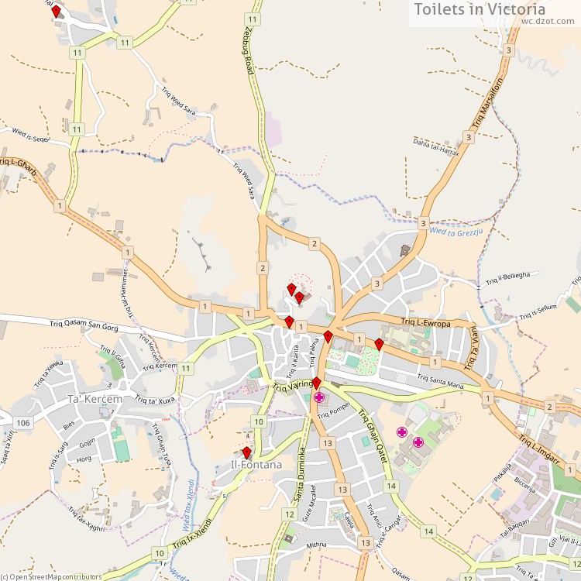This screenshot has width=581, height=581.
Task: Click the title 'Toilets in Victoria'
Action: click(480, 9)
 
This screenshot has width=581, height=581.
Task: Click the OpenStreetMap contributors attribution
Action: click(52, 576)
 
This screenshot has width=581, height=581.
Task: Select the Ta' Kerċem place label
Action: click(95, 399)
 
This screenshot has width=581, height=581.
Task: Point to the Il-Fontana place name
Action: click(256, 465)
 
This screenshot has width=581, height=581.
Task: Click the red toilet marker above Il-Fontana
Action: click(246, 452)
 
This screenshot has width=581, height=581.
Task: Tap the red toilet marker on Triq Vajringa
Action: click(316, 383)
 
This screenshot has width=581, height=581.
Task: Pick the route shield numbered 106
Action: click(22, 422)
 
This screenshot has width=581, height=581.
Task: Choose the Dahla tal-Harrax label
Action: click(436, 146)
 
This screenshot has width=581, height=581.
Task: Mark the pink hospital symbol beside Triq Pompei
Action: click(319, 397)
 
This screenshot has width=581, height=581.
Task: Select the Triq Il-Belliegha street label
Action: click(508, 276)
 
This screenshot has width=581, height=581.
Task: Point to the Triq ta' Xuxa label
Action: click(155, 401)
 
